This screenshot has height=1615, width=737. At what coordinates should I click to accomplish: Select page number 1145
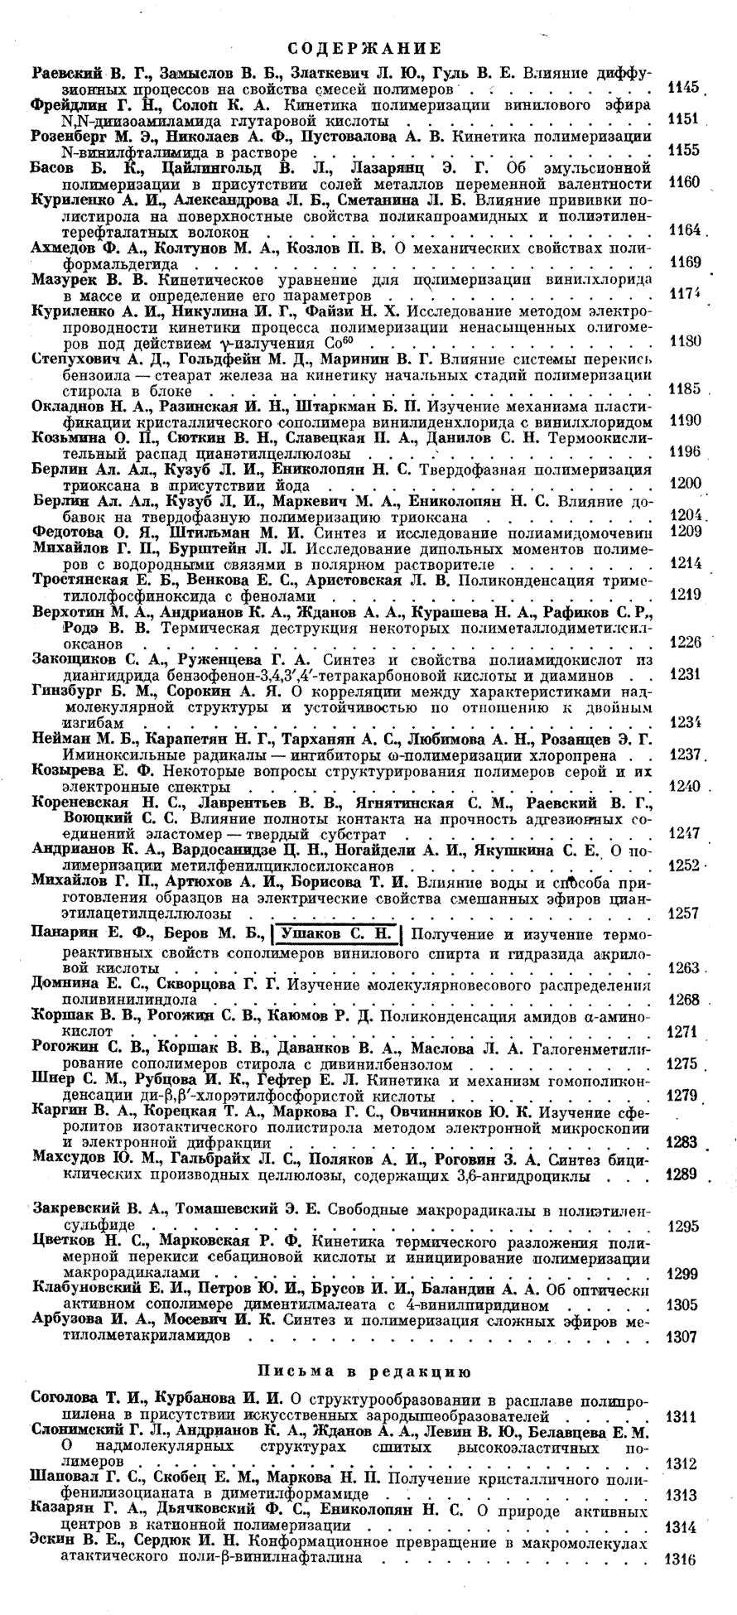684,87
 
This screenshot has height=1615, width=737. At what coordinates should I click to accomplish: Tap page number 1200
684,484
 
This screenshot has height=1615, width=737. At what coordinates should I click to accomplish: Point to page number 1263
683,967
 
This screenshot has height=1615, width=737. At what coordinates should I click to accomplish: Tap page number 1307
683,1337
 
